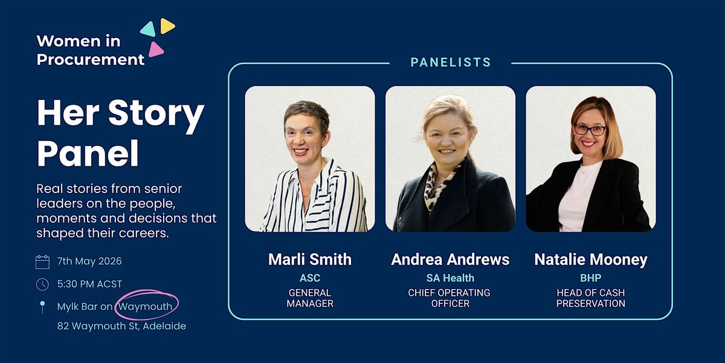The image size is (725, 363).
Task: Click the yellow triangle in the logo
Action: click(x=167, y=25)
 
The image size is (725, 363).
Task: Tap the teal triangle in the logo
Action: click(x=149, y=29)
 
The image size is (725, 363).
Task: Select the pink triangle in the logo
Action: click(x=156, y=50)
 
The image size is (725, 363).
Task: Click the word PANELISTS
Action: click(x=451, y=62)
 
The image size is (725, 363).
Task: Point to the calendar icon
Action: click(x=42, y=262)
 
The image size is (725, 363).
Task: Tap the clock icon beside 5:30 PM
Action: click(x=42, y=284)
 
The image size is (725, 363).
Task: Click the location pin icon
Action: click(x=42, y=307)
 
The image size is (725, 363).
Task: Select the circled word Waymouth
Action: click(x=146, y=306)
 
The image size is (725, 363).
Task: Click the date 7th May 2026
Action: click(x=89, y=261)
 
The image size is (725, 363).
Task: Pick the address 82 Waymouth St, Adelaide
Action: click(x=121, y=325)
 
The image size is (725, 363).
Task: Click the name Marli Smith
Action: click(x=310, y=260)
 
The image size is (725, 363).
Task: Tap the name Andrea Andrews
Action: click(x=450, y=260)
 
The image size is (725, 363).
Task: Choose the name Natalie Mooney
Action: click(x=591, y=260)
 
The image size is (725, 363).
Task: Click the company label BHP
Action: click(x=591, y=278)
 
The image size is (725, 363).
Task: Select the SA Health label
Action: click(x=450, y=278)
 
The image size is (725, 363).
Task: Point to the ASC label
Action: click(x=310, y=278)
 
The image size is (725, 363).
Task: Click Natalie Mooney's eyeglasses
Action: click(x=590, y=130)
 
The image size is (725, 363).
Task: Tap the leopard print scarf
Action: click(x=441, y=185)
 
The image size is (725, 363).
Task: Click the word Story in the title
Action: click(x=156, y=114)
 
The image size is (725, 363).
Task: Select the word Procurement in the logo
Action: click(x=90, y=59)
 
